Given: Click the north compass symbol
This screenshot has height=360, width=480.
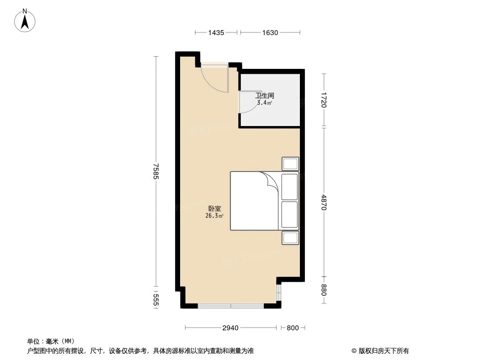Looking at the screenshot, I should [x=26, y=21].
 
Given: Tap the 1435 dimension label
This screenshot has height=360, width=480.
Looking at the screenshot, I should [x=216, y=32].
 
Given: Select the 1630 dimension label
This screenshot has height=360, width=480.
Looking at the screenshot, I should [x=270, y=32].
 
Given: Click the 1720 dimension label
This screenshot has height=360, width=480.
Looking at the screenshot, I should [x=324, y=99].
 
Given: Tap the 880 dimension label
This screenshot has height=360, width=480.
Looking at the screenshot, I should [x=324, y=290].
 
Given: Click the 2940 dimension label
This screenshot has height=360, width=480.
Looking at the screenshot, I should [x=230, y=328].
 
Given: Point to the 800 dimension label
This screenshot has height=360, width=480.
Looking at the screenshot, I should [x=293, y=328].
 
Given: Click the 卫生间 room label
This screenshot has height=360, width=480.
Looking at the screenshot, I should [x=265, y=95].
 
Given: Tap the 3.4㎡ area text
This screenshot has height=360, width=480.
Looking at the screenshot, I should [x=264, y=103].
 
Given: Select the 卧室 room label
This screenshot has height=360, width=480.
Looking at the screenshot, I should [x=214, y=209].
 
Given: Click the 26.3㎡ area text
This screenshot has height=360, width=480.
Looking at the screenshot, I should [x=214, y=216].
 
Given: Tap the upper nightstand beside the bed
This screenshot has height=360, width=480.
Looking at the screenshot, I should [x=290, y=164].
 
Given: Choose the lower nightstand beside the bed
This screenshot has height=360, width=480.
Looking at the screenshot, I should [x=290, y=238].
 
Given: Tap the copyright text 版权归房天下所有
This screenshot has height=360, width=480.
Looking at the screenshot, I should [x=380, y=351].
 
